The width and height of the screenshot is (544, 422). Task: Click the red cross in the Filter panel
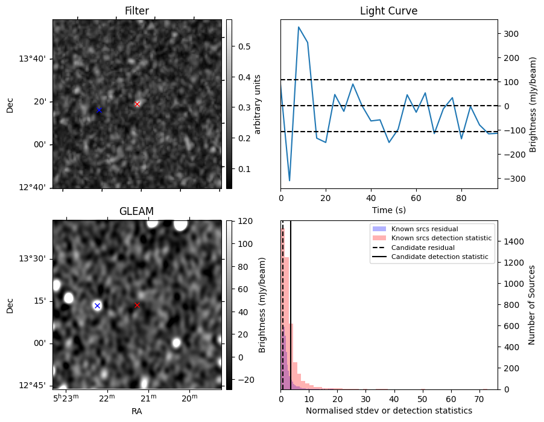click(x=138, y=104)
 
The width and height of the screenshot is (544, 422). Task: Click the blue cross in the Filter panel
click(x=99, y=110)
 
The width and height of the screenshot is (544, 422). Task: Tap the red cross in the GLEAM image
click(x=137, y=305)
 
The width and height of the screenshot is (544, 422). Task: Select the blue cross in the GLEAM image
click(x=97, y=305)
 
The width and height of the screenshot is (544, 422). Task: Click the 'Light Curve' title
click(x=388, y=11)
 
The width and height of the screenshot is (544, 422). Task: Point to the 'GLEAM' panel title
click(x=137, y=211)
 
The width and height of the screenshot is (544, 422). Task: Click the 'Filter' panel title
click(x=137, y=11)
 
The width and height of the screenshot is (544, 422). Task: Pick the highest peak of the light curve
click(x=299, y=27)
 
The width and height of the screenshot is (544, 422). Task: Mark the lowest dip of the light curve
click(x=289, y=181)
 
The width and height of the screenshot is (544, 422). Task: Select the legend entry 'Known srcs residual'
click(x=424, y=229)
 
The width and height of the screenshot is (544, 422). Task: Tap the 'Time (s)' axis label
click(x=388, y=210)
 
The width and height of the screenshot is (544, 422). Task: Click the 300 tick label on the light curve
click(x=510, y=34)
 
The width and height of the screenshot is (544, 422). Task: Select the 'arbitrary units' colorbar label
click(x=258, y=104)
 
